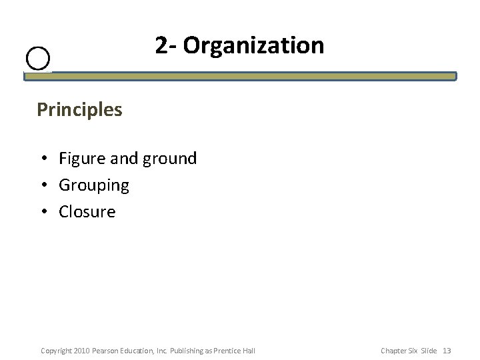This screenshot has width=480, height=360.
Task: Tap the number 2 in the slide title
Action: tap(161, 45)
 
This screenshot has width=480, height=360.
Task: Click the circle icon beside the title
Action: tap(39, 59)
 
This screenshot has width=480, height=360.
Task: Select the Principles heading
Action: tap(79, 109)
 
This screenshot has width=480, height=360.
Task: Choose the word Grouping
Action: tap(93, 185)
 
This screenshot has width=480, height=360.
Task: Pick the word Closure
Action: tap(87, 212)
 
